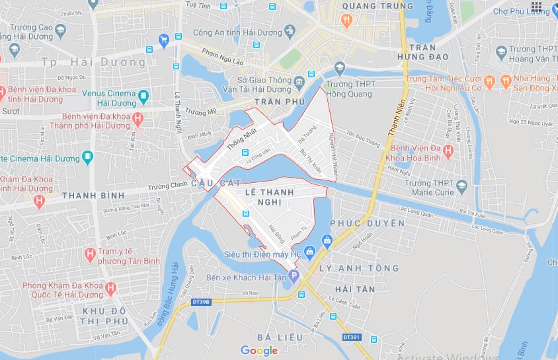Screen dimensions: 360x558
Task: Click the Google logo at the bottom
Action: point(259,351)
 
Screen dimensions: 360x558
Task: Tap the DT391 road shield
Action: point(352,337)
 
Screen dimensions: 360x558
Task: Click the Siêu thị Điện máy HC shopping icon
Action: point(327,240)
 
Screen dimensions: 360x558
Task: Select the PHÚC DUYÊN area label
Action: point(367,223)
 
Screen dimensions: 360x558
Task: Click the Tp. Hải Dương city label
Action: point(93,62)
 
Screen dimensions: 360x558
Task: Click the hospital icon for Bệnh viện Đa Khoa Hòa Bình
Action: point(448,151)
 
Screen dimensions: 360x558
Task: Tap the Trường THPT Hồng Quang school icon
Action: point(340,67)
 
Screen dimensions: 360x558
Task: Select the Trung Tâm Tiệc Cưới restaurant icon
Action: point(489,82)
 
